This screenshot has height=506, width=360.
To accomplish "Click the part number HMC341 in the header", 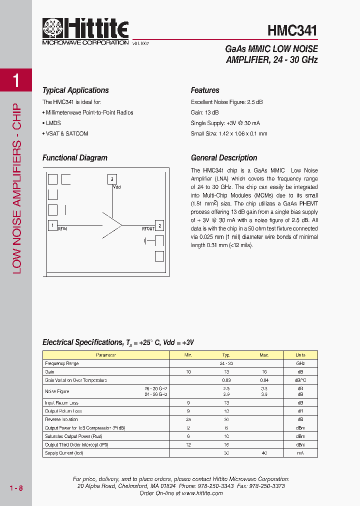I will [292, 30].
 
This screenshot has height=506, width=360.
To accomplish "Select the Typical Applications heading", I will [75, 90].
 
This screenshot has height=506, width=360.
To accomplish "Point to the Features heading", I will [205, 90].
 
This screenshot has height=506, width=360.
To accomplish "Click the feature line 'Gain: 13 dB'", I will [204, 112].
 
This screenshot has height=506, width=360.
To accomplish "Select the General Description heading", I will [224, 158].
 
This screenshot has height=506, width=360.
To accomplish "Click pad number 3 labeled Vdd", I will [112, 179].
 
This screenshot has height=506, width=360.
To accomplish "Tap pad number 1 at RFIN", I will [52, 225].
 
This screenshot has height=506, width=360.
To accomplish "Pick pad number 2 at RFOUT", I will [159, 225].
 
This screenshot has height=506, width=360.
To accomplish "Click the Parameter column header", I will [106, 355].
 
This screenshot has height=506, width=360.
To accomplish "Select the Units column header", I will [300, 355].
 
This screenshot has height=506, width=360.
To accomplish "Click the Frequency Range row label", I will [61, 363].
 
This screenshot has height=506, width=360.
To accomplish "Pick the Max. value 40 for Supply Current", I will [264, 453].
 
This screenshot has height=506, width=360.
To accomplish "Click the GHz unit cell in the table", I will [300, 363].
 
